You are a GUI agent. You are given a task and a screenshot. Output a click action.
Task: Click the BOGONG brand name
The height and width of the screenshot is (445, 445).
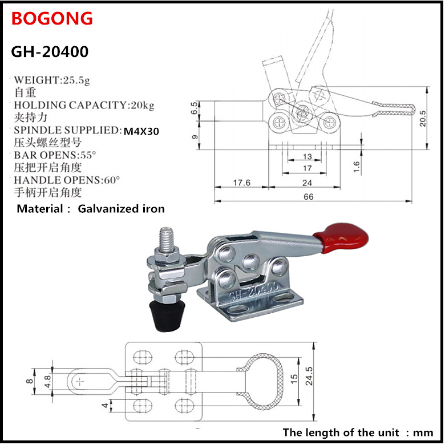point(51,18)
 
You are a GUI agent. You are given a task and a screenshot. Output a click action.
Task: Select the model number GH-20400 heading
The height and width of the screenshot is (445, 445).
point(50,52)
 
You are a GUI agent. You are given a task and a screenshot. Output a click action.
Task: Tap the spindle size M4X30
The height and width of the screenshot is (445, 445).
point(141,131)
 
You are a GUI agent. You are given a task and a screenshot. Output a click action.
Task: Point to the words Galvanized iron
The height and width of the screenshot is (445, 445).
point(121,209)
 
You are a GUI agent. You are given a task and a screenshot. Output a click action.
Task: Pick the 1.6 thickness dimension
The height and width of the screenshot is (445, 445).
point(357,167)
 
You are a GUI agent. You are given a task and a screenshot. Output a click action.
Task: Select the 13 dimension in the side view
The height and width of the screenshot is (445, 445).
point(307,156)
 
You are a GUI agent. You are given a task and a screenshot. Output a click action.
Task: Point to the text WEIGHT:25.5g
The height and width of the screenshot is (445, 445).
point(51,80)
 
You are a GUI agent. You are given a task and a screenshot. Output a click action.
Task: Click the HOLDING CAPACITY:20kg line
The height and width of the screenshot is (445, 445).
point(84,106)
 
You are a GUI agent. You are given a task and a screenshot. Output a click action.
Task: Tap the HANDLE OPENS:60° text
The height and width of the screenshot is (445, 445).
point(67,180)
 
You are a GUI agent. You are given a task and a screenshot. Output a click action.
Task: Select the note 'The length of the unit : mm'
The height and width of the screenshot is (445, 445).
point(358,431)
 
